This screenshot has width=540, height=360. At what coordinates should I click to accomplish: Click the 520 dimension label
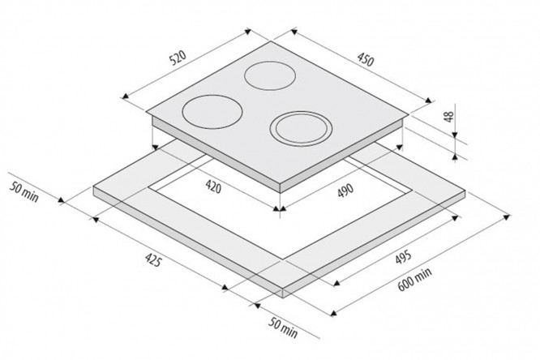[x=178, y=58]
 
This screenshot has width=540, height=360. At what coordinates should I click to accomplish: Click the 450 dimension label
[x=365, y=59]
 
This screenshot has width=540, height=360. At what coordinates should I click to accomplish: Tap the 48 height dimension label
[x=448, y=117]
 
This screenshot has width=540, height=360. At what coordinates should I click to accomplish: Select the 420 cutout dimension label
[x=213, y=186]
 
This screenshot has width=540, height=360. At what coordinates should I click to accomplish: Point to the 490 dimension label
[x=345, y=191]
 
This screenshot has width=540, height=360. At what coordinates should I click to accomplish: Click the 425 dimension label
[x=153, y=259]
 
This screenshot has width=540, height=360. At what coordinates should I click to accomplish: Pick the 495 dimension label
[x=403, y=257]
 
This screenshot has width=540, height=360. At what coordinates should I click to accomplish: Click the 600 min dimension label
[x=414, y=280]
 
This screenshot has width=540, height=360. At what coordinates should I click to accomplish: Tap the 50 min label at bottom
[x=283, y=328]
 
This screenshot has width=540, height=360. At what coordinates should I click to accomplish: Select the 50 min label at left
[x=24, y=191]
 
